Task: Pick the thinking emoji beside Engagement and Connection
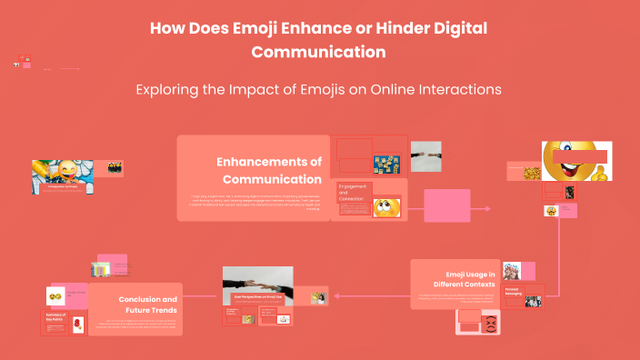[x=385, y=208]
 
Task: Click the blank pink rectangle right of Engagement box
[x=446, y=205]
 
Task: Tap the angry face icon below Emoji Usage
[x=492, y=323]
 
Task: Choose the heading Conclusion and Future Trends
[x=147, y=304]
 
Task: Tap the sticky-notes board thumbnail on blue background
[x=387, y=164]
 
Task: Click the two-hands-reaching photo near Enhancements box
[x=425, y=155]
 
